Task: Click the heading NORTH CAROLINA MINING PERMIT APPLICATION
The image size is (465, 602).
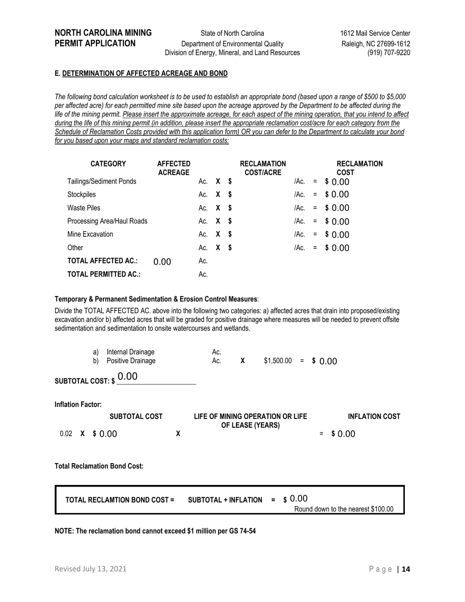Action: pyautogui.click(x=103, y=38)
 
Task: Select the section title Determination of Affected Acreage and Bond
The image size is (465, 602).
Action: pyautogui.click(x=144, y=73)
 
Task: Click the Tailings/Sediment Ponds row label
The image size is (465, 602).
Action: pyautogui.click(x=101, y=182)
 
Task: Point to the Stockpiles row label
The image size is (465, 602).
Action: pyautogui.click(x=82, y=195)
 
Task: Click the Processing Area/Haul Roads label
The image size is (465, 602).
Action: pyautogui.click(x=107, y=221)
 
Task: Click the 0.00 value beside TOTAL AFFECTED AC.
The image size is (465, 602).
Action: pyautogui.click(x=162, y=262)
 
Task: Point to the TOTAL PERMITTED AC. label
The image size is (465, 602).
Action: pyautogui.click(x=104, y=275)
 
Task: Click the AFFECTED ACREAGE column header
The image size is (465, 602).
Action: pyautogui.click(x=173, y=168)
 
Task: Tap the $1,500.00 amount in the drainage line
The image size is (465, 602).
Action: pyautogui.click(x=278, y=361)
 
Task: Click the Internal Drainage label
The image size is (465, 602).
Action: pyautogui.click(x=130, y=352)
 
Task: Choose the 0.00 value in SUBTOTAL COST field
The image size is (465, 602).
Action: pyautogui.click(x=128, y=376)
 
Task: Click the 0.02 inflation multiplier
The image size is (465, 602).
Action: pyautogui.click(x=66, y=434)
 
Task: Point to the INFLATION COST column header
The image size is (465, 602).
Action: pyautogui.click(x=374, y=417)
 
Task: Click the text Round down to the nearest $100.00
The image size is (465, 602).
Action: pyautogui.click(x=344, y=509)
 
